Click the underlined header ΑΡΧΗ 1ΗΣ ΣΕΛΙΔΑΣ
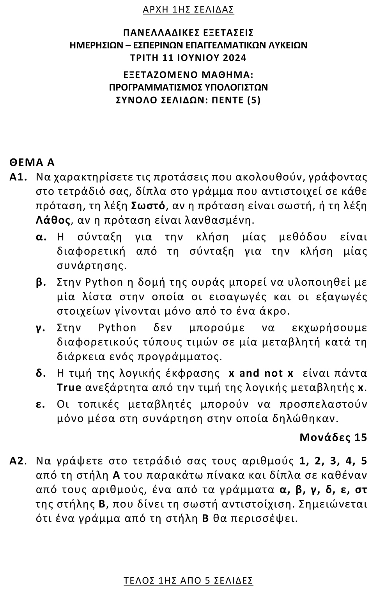coord(188,10)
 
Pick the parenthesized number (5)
coord(253,100)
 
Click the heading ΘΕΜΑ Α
coord(32,162)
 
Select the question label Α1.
coord(18,177)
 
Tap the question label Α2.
coord(18,461)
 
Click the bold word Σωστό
coord(149,206)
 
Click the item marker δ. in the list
coord(41,373)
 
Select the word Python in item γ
coord(117,327)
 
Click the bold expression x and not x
coord(260,373)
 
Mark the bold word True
coord(69,388)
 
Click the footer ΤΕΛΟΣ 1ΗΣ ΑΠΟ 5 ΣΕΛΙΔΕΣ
coord(188,580)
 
